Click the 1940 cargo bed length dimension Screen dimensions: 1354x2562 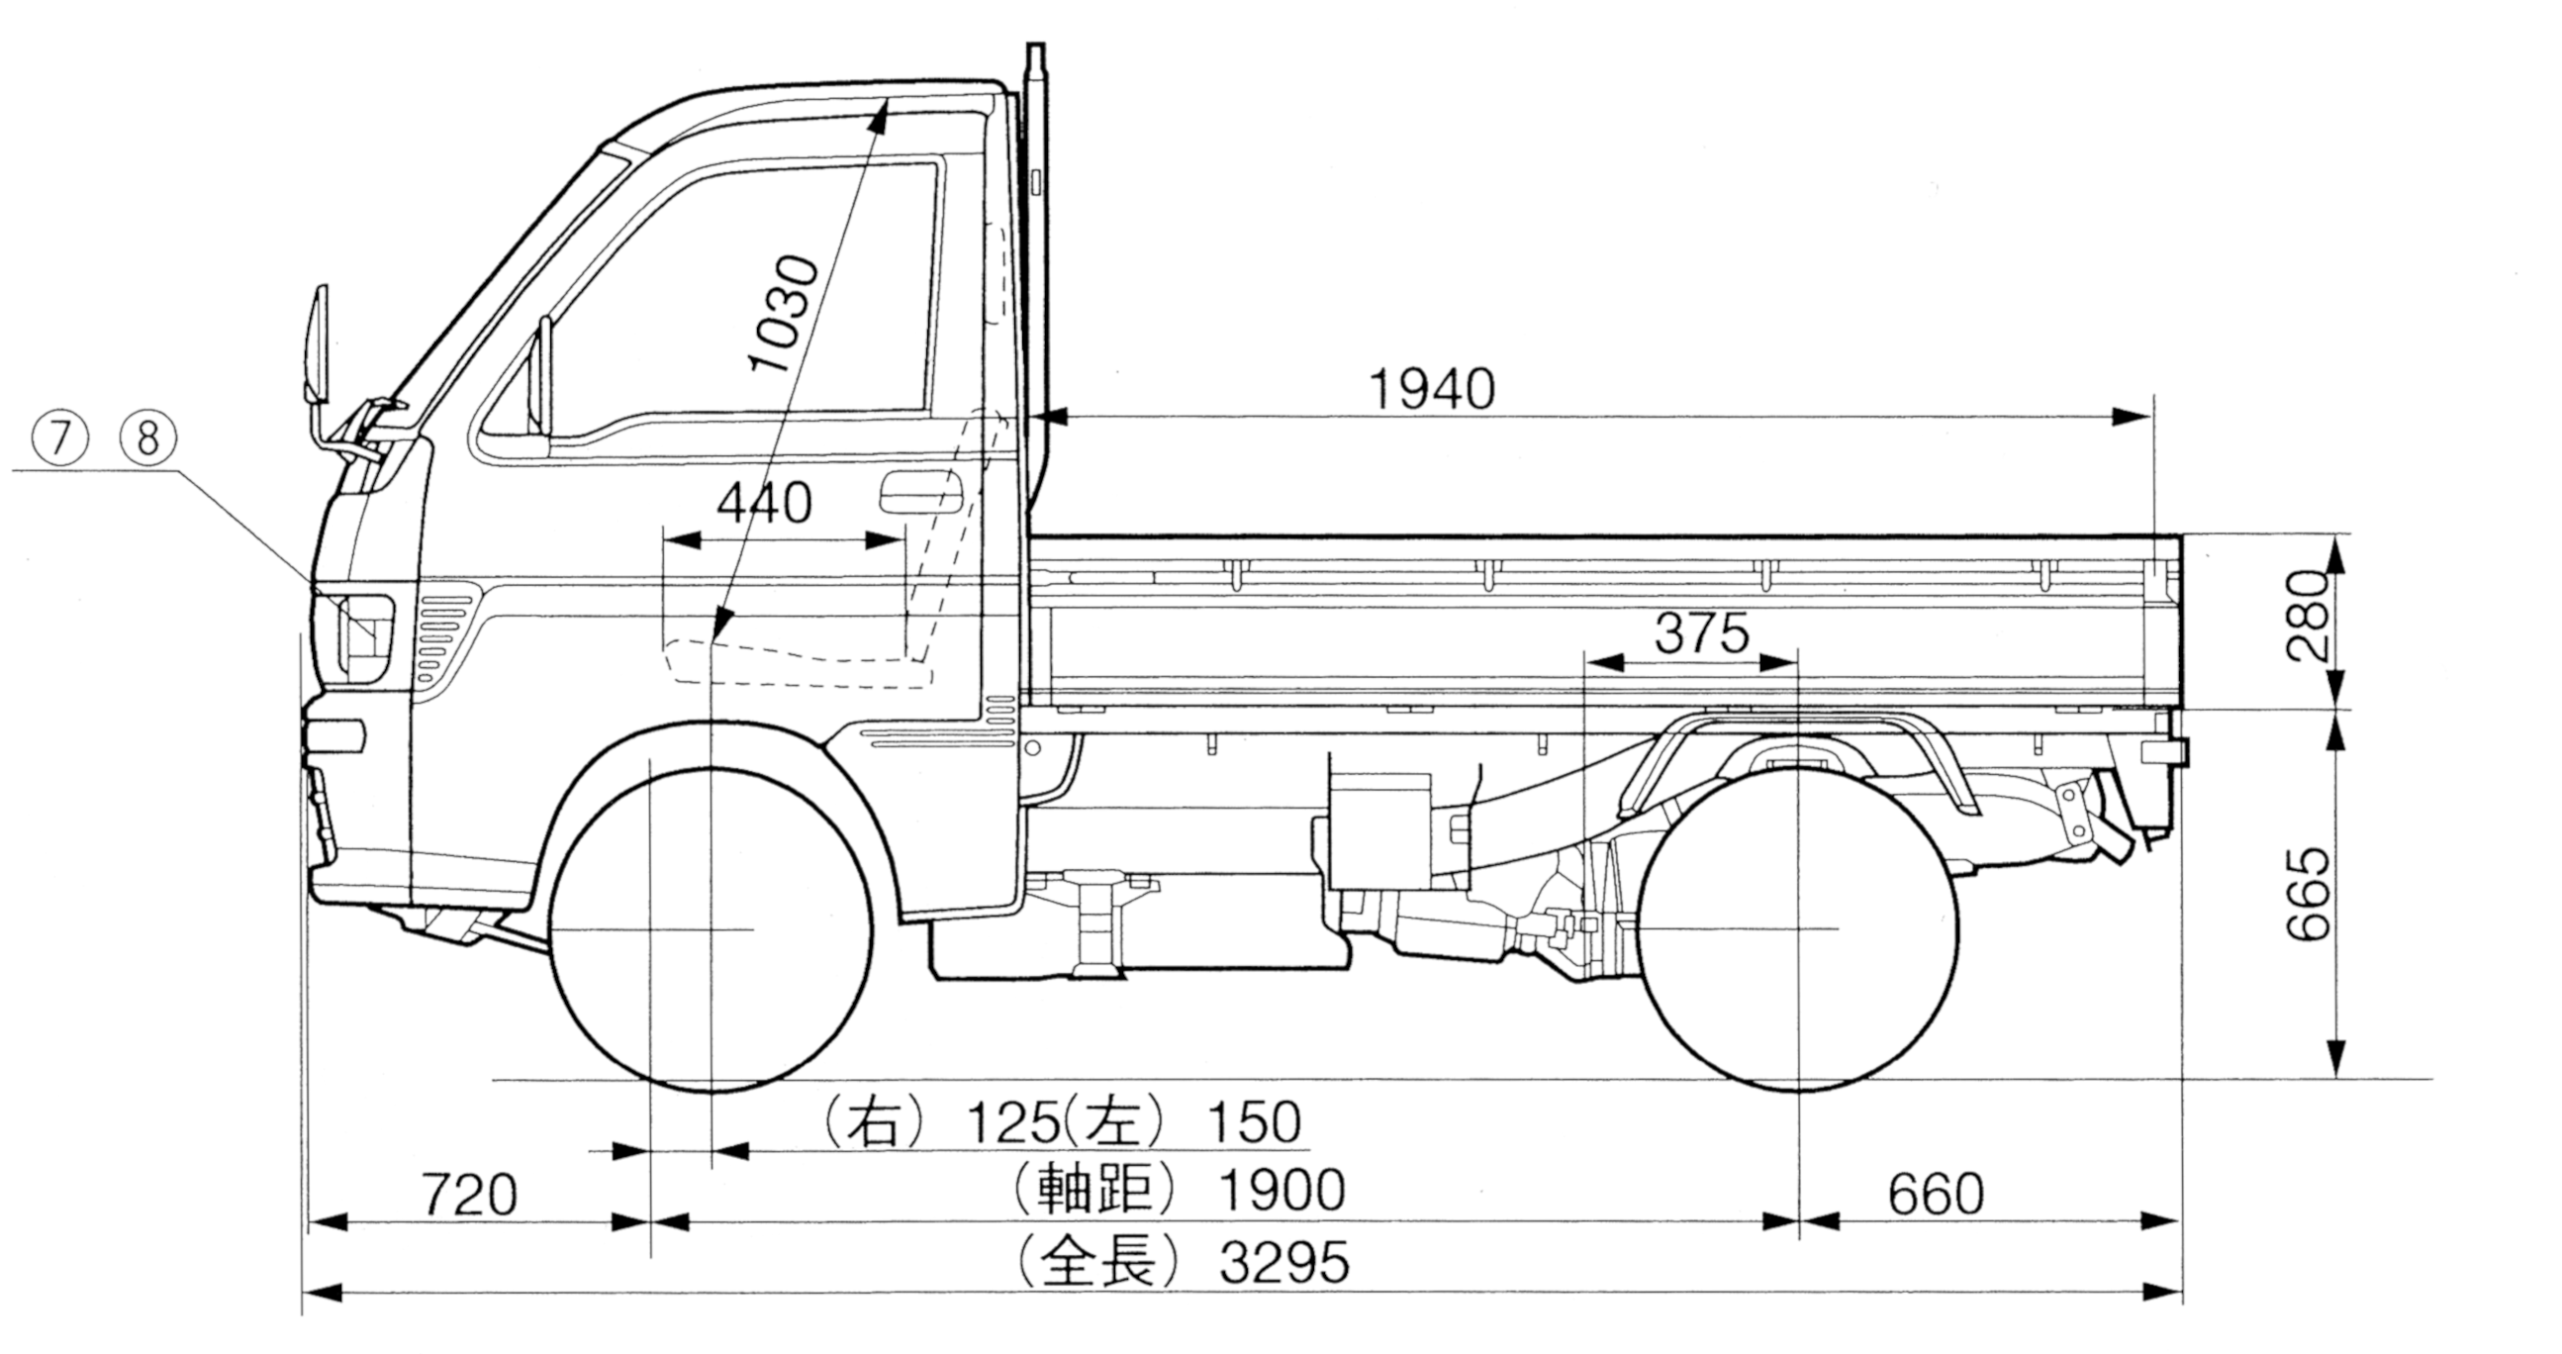(1431, 389)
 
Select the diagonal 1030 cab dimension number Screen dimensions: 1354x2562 (785, 315)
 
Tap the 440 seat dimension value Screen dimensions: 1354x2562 (764, 504)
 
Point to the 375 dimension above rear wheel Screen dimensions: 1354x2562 (1702, 632)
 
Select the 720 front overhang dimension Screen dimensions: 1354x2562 (469, 1194)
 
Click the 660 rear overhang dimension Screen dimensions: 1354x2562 (1936, 1194)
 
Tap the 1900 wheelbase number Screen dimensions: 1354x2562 (1282, 1189)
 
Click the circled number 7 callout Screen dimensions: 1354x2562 (59, 436)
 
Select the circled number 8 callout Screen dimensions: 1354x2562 (147, 436)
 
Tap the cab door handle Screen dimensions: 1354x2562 (921, 494)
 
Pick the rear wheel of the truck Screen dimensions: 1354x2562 (1798, 928)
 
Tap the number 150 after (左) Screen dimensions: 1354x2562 (1253, 1121)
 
